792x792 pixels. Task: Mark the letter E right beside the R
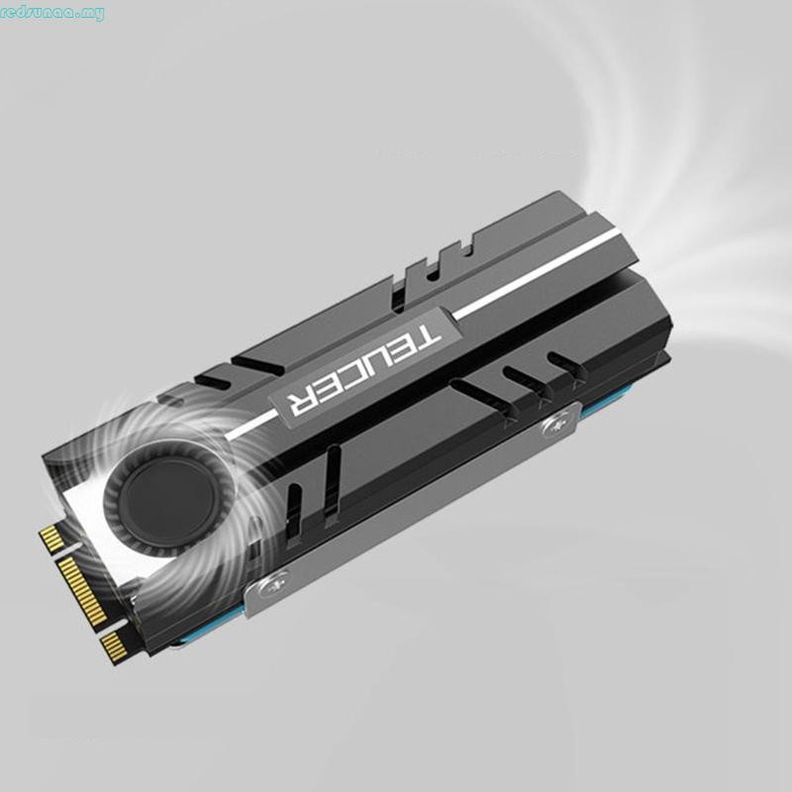324,389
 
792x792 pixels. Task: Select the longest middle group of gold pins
85,589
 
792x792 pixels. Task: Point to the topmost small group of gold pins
49,540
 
